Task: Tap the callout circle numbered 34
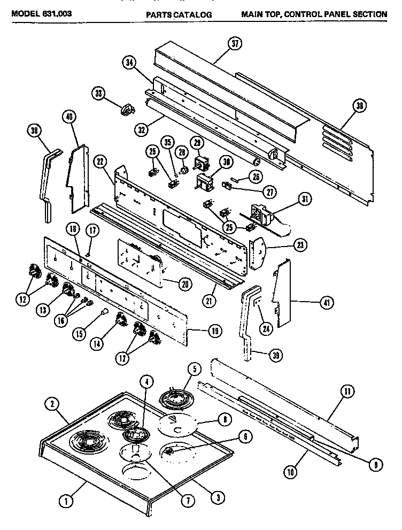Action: click(129, 62)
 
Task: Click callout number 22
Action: click(100, 160)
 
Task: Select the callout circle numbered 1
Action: click(66, 501)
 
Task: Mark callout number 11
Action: click(347, 392)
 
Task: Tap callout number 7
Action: click(188, 501)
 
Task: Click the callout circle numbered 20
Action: click(184, 284)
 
